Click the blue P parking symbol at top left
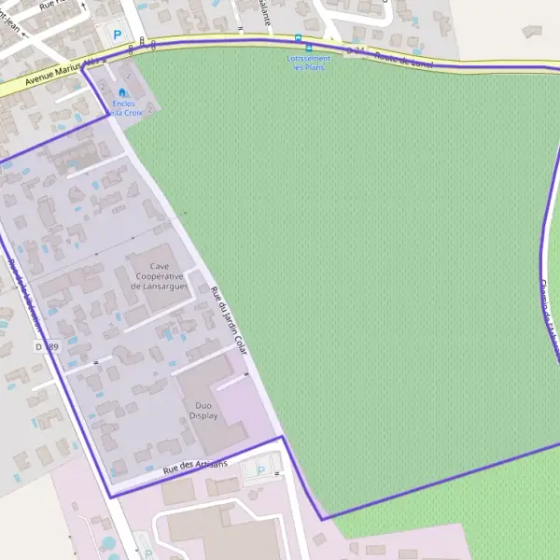[118, 35]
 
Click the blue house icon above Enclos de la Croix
[122, 92]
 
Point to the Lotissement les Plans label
[308, 63]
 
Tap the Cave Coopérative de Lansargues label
[160, 276]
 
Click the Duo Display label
[203, 411]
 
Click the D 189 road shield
[47, 346]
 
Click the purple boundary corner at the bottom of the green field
[322, 518]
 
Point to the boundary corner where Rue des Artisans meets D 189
[109, 497]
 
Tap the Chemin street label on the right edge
[549, 313]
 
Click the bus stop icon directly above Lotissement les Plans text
[309, 48]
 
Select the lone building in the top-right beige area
[532, 31]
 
